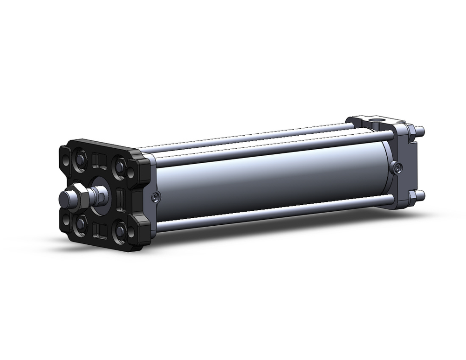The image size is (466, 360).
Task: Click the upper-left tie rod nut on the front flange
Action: (80, 159)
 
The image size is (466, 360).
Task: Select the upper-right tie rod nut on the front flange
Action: (120, 166)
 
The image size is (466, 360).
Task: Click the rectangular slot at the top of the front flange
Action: (99, 161)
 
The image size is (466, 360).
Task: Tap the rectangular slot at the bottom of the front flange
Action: (100, 229)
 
